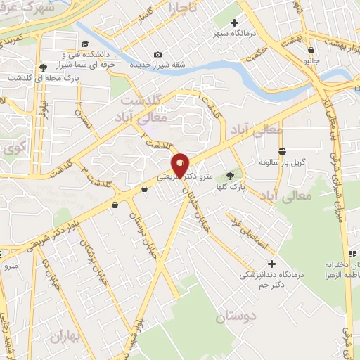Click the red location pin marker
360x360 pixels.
(x=181, y=165)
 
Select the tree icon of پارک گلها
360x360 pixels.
(x=230, y=176)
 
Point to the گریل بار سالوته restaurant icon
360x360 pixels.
(x=282, y=151)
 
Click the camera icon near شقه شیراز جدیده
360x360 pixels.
(x=157, y=55)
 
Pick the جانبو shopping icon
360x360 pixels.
(x=311, y=50)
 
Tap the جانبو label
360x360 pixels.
(x=311, y=61)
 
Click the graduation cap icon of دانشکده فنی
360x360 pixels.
(x=85, y=44)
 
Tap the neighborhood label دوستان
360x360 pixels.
(x=236, y=316)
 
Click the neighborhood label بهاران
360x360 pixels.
(x=66, y=337)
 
